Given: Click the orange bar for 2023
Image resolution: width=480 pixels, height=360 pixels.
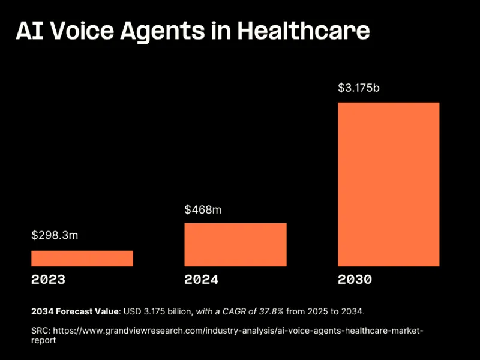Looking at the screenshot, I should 82,259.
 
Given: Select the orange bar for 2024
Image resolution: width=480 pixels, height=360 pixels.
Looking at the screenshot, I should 235,245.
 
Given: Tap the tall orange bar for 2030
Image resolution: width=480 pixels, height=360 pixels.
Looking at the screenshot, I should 388,184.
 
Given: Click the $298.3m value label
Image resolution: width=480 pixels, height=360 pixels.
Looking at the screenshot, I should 55,235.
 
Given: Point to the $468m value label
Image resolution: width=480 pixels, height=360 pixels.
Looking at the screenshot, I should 203,209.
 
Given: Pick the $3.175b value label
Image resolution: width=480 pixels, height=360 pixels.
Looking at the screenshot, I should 359,88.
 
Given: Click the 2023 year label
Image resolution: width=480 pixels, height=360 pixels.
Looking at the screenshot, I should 48,280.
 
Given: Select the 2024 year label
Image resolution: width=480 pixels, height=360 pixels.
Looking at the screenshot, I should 201,280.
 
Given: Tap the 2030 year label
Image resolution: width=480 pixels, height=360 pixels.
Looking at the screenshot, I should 355,280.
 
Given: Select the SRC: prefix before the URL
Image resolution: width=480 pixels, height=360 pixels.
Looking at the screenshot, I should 41,331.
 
